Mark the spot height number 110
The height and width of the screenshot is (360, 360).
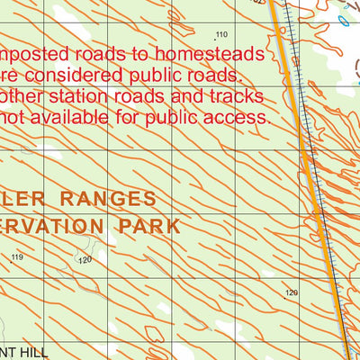click(221, 34)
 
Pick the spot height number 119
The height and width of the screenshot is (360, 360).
click(16, 257)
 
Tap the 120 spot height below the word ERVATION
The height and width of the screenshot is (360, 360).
click(85, 260)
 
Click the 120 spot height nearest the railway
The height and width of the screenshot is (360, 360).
click(291, 292)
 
